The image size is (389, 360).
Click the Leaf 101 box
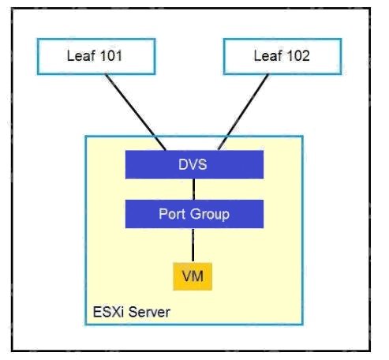point(96,57)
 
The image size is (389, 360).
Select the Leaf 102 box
point(282,57)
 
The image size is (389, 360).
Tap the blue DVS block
point(194,165)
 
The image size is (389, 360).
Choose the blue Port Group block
point(194,214)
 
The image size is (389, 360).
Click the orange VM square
point(193,276)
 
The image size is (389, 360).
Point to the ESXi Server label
point(132,312)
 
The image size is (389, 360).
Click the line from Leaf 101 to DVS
point(136,113)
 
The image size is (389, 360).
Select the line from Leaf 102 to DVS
point(243,113)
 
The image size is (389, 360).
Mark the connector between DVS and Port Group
point(194,189)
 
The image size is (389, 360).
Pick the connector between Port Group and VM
point(193,246)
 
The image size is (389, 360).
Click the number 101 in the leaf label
point(111,56)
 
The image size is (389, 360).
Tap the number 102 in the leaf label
point(298,56)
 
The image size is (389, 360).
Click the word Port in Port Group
point(172,214)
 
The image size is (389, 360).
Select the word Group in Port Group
point(210,215)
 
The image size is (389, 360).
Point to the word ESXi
point(108,312)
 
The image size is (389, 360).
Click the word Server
point(149,312)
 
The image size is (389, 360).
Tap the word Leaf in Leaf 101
point(81,56)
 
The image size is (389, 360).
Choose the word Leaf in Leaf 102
point(267,56)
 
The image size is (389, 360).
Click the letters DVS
point(193,164)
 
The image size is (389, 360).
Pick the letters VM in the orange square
point(193,276)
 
